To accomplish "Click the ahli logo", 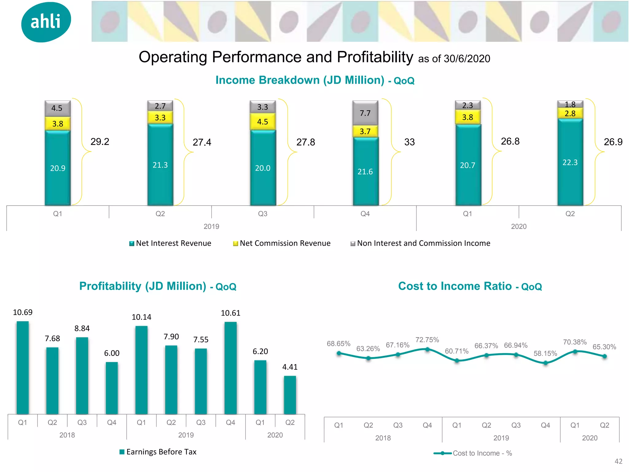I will (x=46, y=22).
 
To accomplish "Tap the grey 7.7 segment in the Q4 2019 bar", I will (x=365, y=113).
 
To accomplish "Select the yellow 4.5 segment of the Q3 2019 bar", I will (x=263, y=122).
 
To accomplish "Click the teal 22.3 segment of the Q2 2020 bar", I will (x=570, y=162).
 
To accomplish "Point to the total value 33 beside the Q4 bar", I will (x=409, y=142).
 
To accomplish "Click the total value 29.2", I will (x=100, y=142).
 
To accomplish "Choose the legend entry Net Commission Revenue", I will (x=282, y=243).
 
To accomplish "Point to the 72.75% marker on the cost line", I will (x=427, y=349).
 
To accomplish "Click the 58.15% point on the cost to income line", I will (x=545, y=363).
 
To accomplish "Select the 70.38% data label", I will (x=575, y=342).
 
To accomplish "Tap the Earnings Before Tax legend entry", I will (x=158, y=452).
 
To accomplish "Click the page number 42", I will (x=618, y=461).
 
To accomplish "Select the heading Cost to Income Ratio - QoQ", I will (x=470, y=286).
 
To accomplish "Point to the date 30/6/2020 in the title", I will (x=467, y=59).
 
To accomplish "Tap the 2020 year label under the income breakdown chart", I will (x=519, y=226).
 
